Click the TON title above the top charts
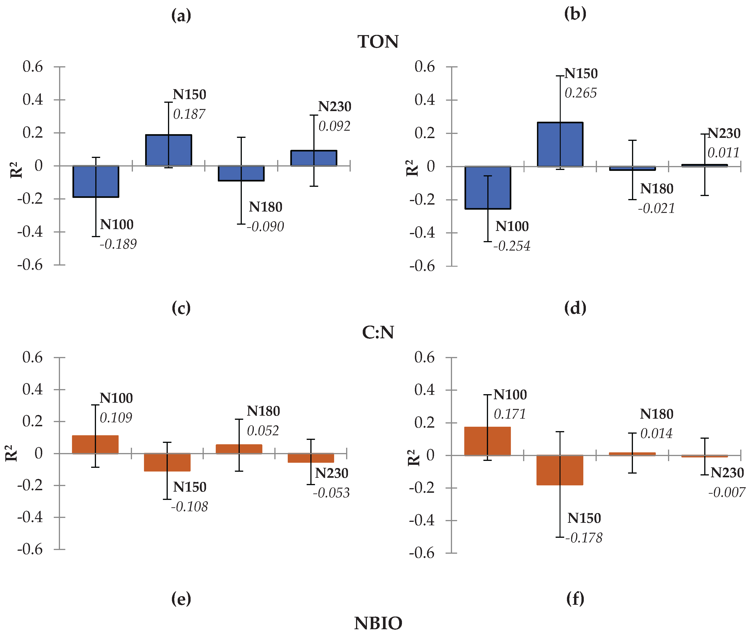378,42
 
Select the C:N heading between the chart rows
378,332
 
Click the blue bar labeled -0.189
96,181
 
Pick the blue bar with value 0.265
560,145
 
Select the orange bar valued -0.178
560,470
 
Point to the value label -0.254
512,246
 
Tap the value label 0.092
334,126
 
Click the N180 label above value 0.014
657,414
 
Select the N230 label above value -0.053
331,473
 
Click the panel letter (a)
181,16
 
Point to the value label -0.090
266,227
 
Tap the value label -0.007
727,492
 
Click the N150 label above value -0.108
189,487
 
